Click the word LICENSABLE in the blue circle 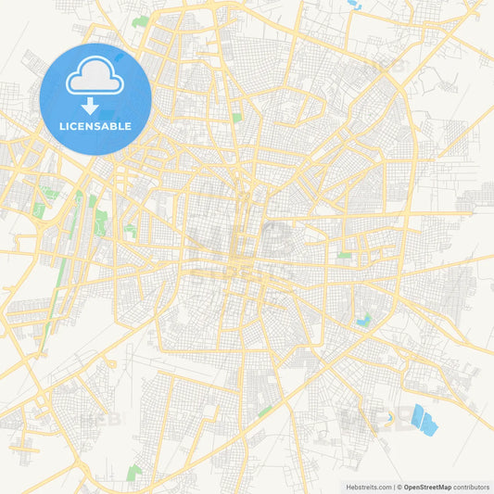(x=95, y=126)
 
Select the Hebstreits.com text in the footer (x=367, y=486)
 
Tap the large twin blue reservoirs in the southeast (x=424, y=419)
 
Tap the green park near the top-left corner (x=141, y=20)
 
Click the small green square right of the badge (x=236, y=118)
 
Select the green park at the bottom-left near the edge (x=134, y=473)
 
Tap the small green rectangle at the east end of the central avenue (x=345, y=255)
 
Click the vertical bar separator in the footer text (x=396, y=486)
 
